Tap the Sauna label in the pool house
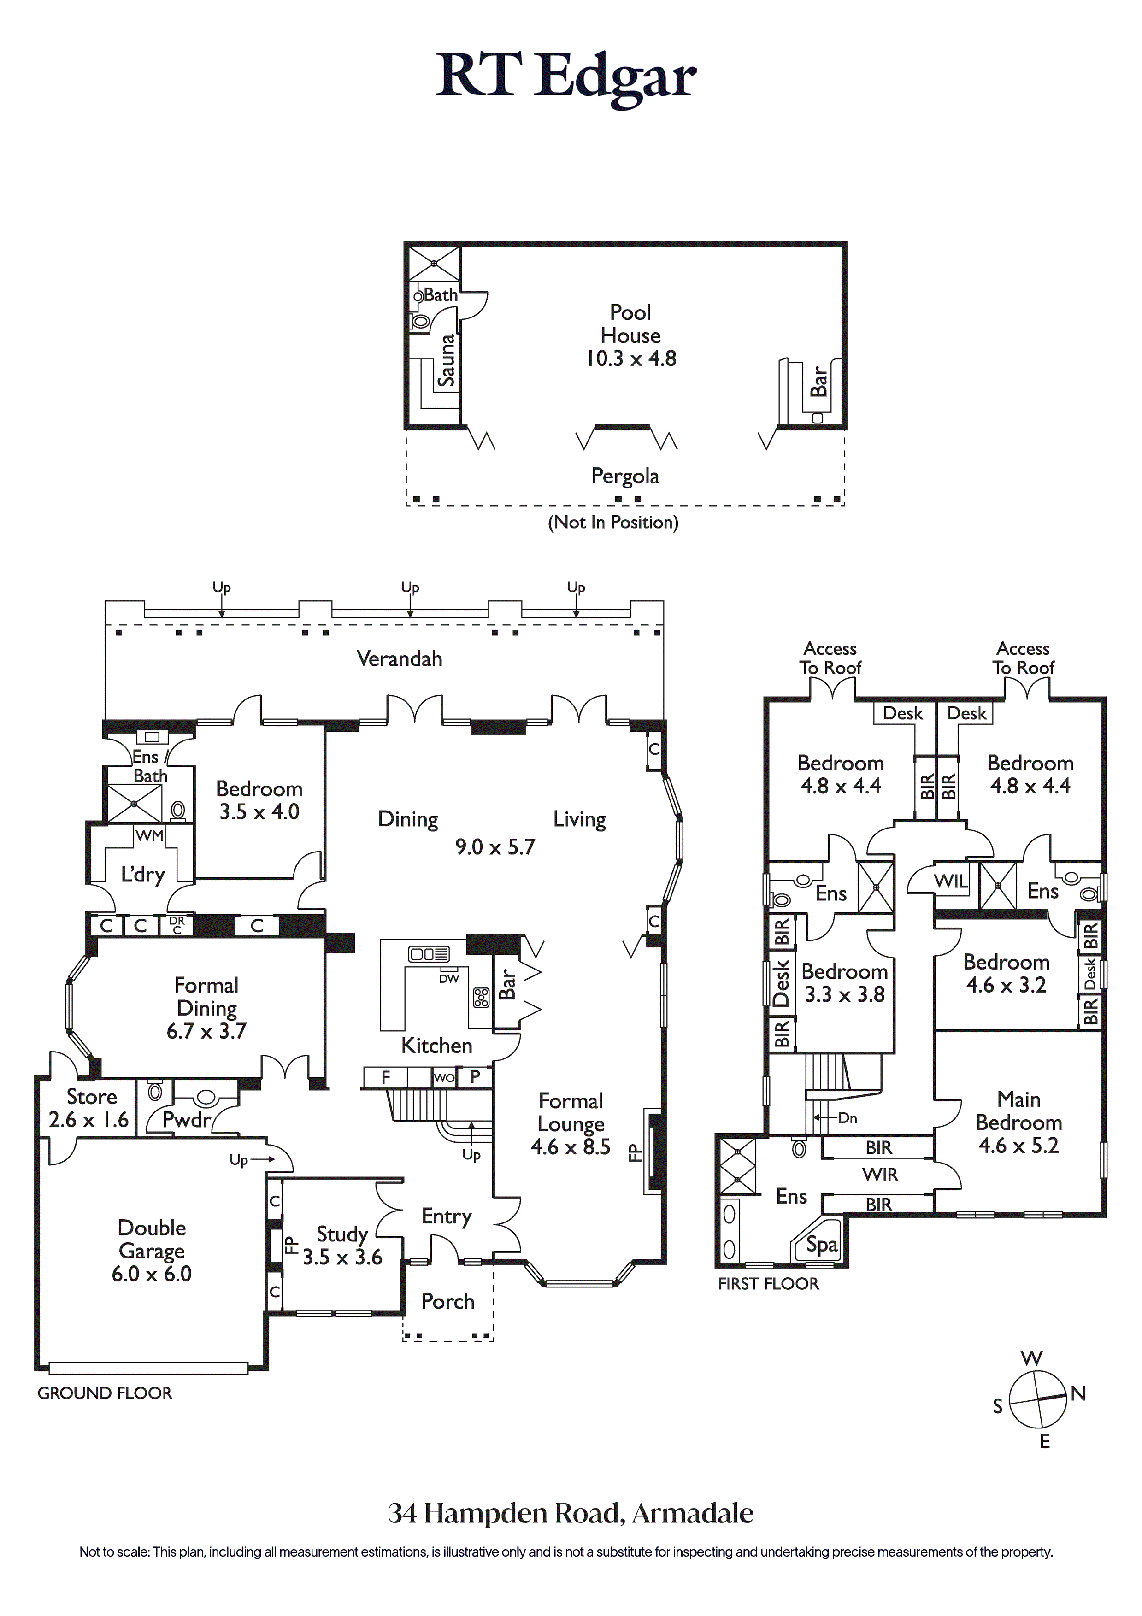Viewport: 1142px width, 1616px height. tap(447, 360)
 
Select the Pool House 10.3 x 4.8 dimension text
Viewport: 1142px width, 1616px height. tap(631, 358)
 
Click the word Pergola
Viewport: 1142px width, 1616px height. tap(625, 476)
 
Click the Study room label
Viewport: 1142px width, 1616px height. tap(342, 1234)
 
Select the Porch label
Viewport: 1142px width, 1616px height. tap(448, 1301)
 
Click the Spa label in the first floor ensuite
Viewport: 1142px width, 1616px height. tap(822, 1245)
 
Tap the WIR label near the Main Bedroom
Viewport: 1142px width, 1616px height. tap(880, 1175)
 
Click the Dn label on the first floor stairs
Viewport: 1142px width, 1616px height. tap(848, 1118)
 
